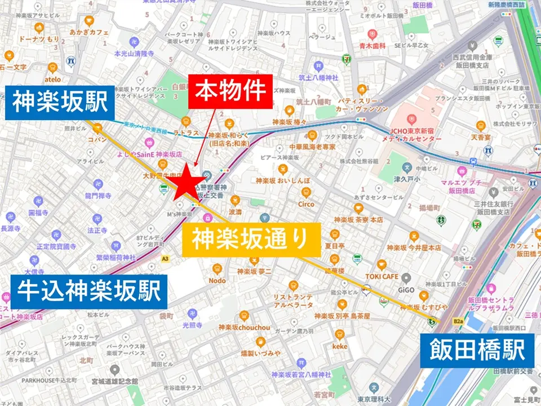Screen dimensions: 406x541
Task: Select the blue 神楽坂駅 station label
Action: point(60,103)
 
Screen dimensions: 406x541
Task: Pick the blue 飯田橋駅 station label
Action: point(474,350)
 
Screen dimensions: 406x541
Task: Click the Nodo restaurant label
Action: point(217,280)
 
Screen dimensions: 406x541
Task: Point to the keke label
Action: point(340,346)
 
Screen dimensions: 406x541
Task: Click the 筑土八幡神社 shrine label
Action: point(318,77)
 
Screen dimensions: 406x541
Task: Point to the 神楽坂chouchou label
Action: point(244,328)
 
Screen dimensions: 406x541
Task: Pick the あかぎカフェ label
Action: point(89,33)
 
